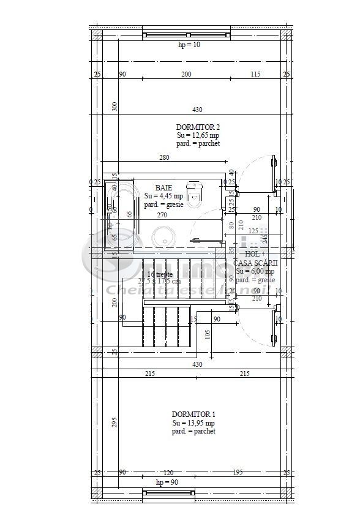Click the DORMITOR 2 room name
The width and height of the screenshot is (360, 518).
pos(197,127)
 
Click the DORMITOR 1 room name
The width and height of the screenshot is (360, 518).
pos(193,414)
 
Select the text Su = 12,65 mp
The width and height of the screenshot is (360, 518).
pos(197,135)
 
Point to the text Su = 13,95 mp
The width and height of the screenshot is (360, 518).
pos(193,422)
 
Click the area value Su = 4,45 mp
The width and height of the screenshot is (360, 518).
pos(163,196)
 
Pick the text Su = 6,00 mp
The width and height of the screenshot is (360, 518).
pos(254,271)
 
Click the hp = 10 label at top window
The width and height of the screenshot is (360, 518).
pos(189,45)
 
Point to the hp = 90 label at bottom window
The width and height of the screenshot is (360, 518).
pos(167,482)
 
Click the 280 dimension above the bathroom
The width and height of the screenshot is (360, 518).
pos(163,158)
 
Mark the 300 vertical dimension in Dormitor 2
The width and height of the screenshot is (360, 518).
pos(114,106)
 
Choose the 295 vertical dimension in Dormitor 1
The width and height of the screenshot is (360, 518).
pos(114,423)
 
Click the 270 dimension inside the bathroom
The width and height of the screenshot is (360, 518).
pos(163,215)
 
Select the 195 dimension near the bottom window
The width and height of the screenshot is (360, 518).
pos(238,472)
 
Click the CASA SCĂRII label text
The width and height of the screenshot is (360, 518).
pos(255,262)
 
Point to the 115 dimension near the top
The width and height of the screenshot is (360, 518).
pos(255,74)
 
